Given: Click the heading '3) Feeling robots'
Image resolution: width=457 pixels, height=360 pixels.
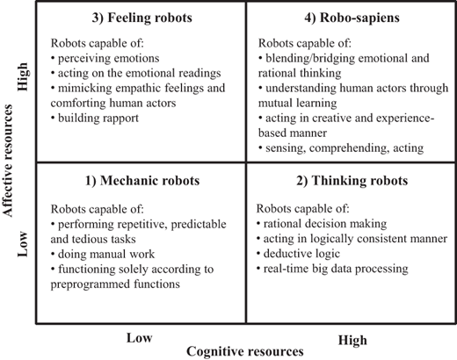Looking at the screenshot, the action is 142,18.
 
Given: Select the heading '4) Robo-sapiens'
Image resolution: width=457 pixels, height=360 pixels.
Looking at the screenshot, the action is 352,18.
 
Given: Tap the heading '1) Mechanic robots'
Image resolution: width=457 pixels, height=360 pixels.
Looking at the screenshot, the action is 142,181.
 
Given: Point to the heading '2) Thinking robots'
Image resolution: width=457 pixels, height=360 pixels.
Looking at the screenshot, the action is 352,181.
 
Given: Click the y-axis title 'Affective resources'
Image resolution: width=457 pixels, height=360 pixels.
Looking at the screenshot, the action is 8,161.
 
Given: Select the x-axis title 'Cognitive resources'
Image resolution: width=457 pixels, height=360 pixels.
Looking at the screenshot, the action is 245,351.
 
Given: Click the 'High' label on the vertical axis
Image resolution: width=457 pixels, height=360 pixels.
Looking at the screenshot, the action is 23,76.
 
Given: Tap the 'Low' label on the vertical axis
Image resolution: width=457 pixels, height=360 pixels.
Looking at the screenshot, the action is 23,244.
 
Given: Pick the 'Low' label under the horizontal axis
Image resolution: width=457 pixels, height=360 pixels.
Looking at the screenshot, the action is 139,338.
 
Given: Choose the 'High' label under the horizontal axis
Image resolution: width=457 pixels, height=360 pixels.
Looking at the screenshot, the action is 352,341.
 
